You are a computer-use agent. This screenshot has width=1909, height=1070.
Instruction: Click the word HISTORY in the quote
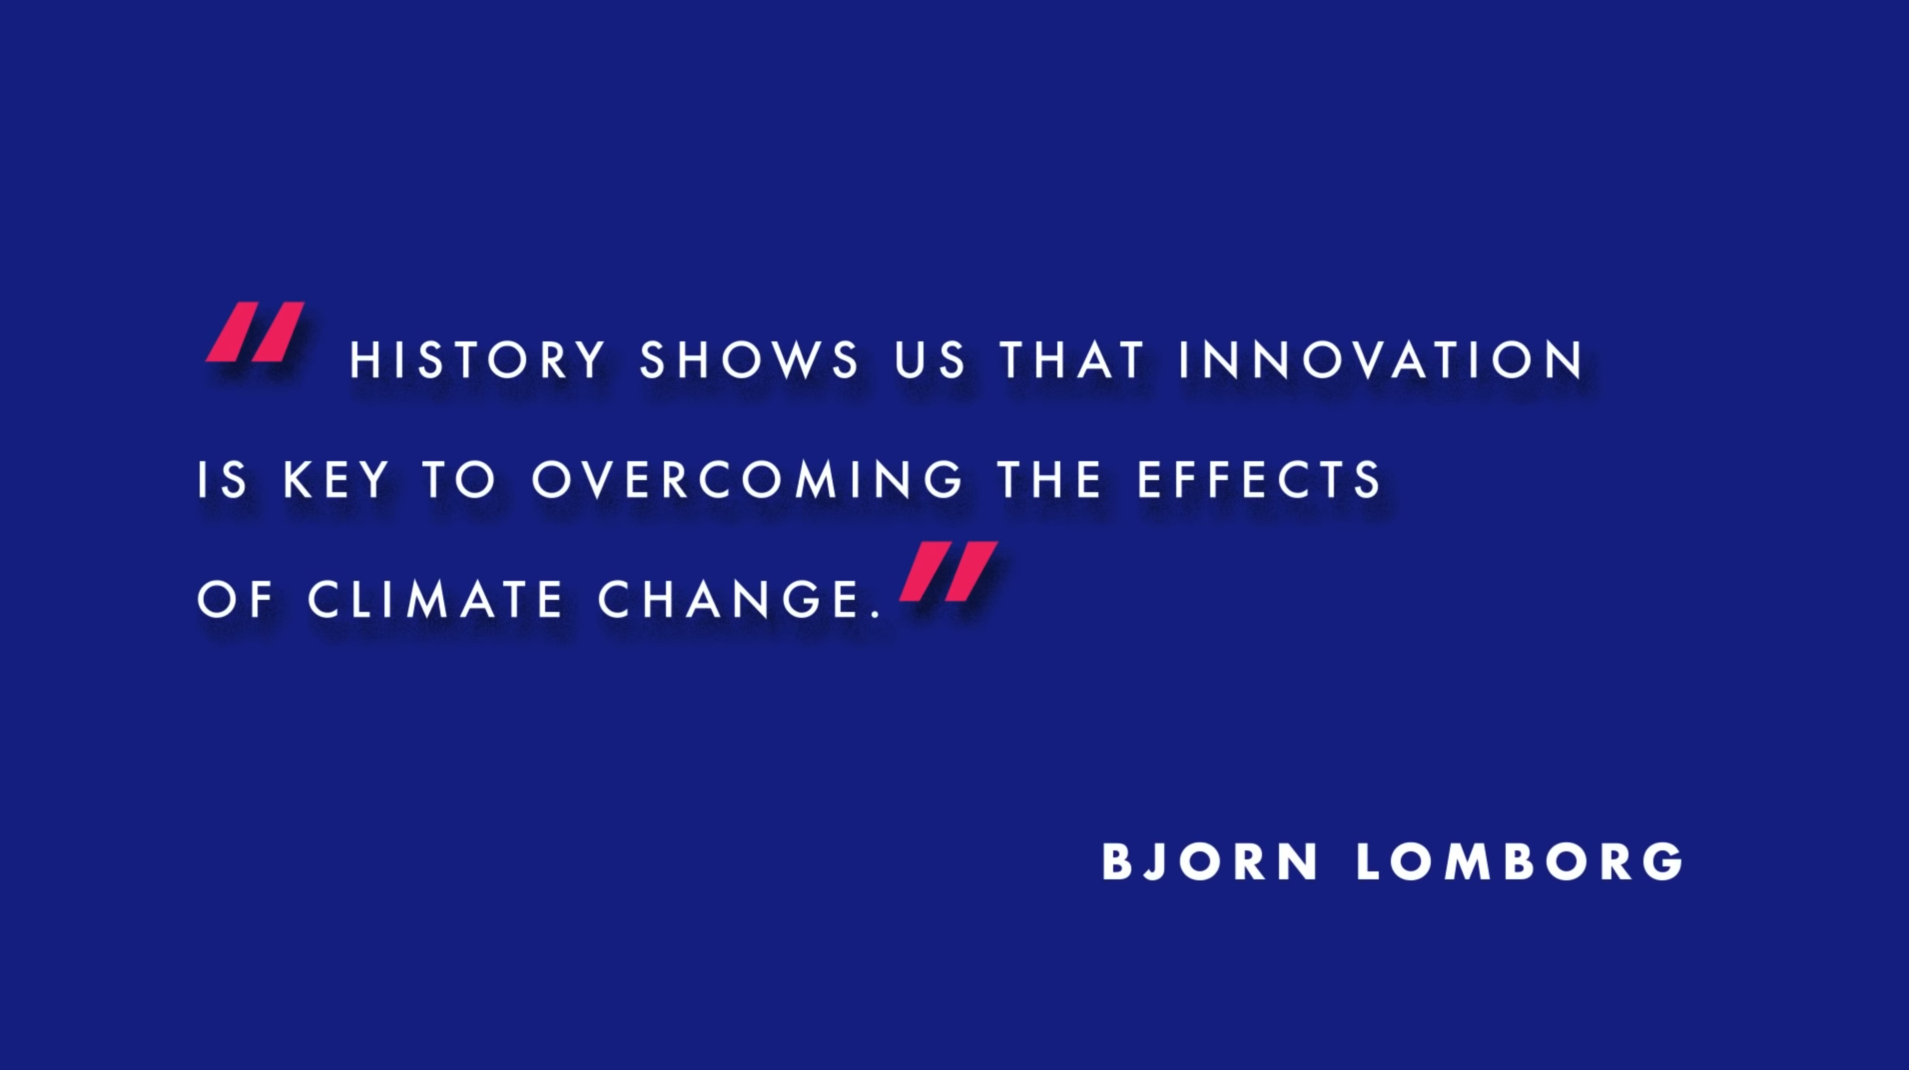point(478,360)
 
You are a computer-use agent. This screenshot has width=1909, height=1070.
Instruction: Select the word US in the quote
point(930,360)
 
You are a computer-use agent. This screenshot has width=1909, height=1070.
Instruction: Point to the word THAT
point(1072,360)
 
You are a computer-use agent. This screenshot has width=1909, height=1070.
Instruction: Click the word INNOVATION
point(1381,360)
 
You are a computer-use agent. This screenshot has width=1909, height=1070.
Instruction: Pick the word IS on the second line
point(222,480)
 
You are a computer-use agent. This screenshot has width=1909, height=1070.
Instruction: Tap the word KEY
point(335,480)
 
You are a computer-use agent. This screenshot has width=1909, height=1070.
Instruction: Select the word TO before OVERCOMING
point(459,480)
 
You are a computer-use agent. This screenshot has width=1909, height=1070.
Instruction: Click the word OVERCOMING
point(747,480)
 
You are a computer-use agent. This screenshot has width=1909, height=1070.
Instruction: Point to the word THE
point(1049,480)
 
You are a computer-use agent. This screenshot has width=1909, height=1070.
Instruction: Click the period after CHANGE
point(878,614)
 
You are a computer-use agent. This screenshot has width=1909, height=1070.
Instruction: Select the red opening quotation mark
point(256,331)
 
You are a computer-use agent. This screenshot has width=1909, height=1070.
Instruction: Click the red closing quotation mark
point(949,570)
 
